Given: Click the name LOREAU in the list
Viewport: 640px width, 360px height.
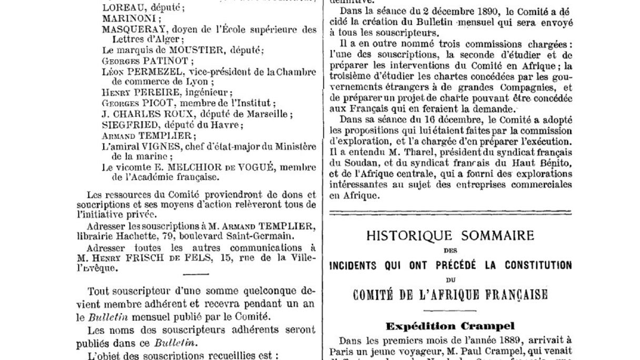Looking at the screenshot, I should click(x=119, y=8).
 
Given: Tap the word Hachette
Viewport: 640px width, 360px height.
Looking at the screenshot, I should click(x=126, y=236).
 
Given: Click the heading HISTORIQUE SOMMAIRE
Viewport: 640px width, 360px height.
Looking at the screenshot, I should click(x=450, y=235).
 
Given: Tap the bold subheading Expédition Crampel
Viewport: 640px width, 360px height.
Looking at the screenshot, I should click(x=450, y=326).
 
